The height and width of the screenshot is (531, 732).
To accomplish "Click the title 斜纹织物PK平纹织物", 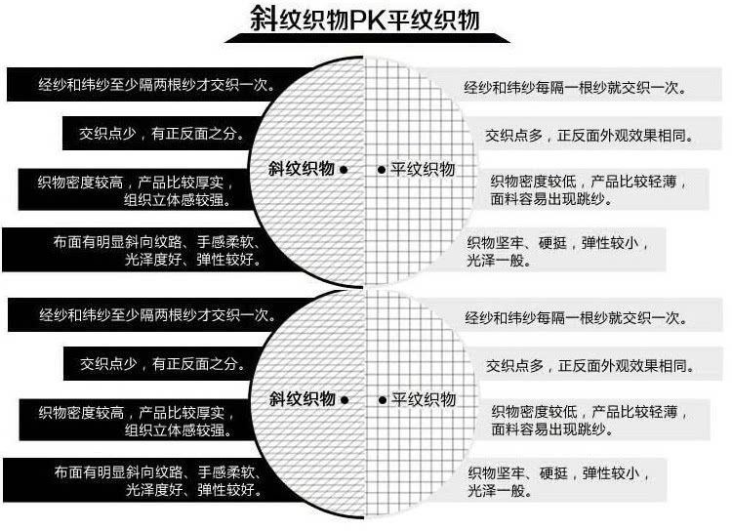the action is (x=365, y=20).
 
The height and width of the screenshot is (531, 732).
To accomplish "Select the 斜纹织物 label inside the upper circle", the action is (x=302, y=169).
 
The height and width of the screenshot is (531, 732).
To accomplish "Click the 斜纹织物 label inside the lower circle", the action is (x=302, y=398).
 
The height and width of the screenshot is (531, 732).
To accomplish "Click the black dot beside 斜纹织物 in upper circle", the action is (x=345, y=170).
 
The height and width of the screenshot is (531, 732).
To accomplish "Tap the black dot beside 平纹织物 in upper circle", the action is (x=382, y=170).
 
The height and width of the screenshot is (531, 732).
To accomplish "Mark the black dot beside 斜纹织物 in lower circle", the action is (x=345, y=399).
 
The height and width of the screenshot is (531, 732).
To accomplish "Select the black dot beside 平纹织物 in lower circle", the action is (x=382, y=399).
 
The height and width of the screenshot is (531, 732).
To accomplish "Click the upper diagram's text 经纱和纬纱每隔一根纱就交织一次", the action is (x=576, y=87).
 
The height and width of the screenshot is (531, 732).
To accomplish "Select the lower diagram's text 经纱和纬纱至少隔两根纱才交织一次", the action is (x=156, y=316).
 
